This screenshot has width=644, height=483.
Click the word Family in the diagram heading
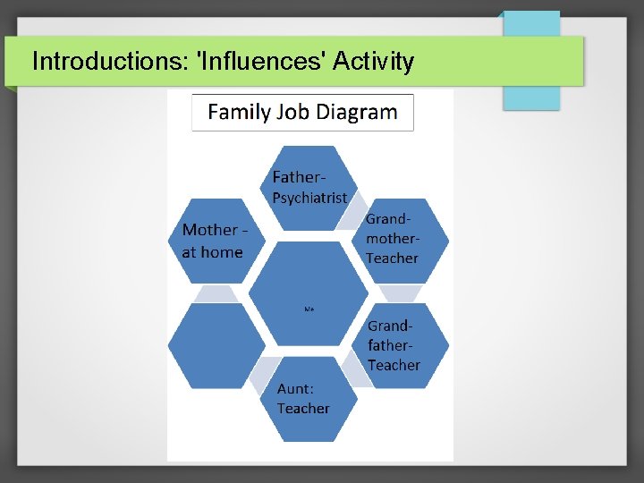pos(239,113)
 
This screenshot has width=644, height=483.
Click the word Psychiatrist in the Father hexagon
pos(309,199)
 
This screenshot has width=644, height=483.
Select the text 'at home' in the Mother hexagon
pos(212,252)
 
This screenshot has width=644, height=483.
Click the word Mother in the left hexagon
pos(210,230)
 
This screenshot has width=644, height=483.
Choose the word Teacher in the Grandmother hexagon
pos(392,258)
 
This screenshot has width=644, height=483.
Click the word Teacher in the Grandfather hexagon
pos(394,365)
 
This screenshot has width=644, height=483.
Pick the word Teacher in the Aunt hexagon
pos(303,409)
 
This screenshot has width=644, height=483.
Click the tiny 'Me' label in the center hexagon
pos(309,309)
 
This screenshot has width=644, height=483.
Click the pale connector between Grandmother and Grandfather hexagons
pos(400,292)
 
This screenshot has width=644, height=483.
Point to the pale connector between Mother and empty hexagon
pos(216,292)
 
